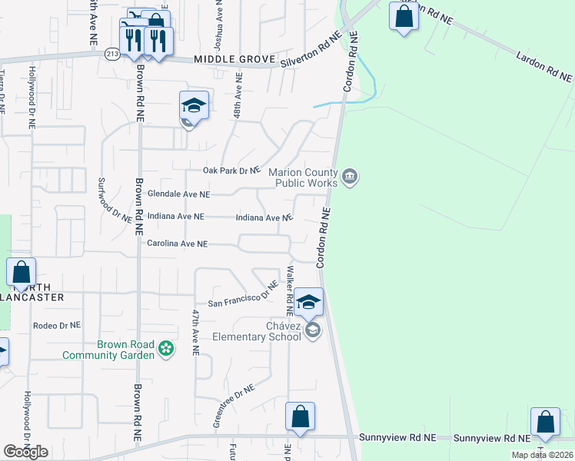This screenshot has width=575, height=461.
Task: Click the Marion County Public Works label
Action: pos(303,177)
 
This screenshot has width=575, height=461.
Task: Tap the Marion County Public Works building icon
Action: pos(351,177)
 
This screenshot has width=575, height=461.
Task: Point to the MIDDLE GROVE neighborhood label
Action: pos(224,59)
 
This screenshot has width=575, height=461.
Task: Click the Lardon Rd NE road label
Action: pos(544,67)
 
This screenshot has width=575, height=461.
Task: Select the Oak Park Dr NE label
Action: pos(232,171)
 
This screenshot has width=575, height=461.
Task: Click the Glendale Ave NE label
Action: pos(178,195)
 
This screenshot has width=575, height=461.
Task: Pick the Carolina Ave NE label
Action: pos(177,244)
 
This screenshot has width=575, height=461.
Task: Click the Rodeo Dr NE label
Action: pos(57,326)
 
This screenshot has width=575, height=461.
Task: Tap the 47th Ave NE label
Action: pos(196,331)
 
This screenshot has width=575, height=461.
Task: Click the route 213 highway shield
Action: pos(112,53)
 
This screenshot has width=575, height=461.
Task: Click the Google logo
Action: pos(25,452)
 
